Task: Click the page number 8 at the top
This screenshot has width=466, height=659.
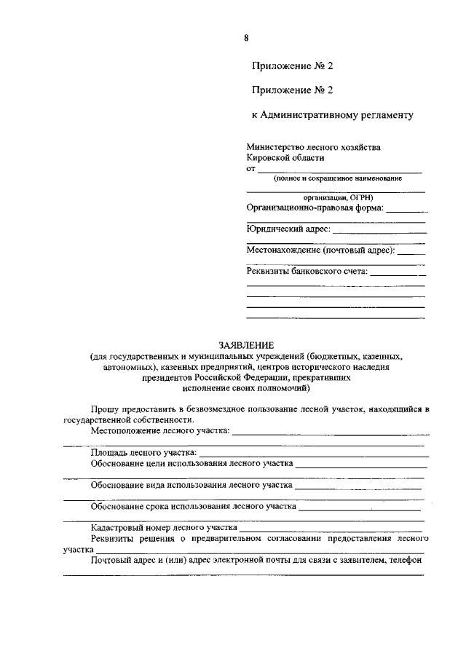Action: tap(247, 38)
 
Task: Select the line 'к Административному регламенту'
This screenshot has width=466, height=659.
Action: tap(333, 114)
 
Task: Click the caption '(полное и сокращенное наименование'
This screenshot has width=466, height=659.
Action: tap(337, 178)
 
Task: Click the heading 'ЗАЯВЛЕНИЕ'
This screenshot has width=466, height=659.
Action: tap(246, 345)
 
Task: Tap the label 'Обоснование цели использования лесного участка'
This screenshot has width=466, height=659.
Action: tap(191, 463)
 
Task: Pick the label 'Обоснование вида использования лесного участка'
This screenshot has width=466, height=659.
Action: tap(191, 484)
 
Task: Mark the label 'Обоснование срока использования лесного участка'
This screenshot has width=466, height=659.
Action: tap(193, 505)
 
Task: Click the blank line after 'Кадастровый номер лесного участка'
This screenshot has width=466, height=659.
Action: tap(331, 528)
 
